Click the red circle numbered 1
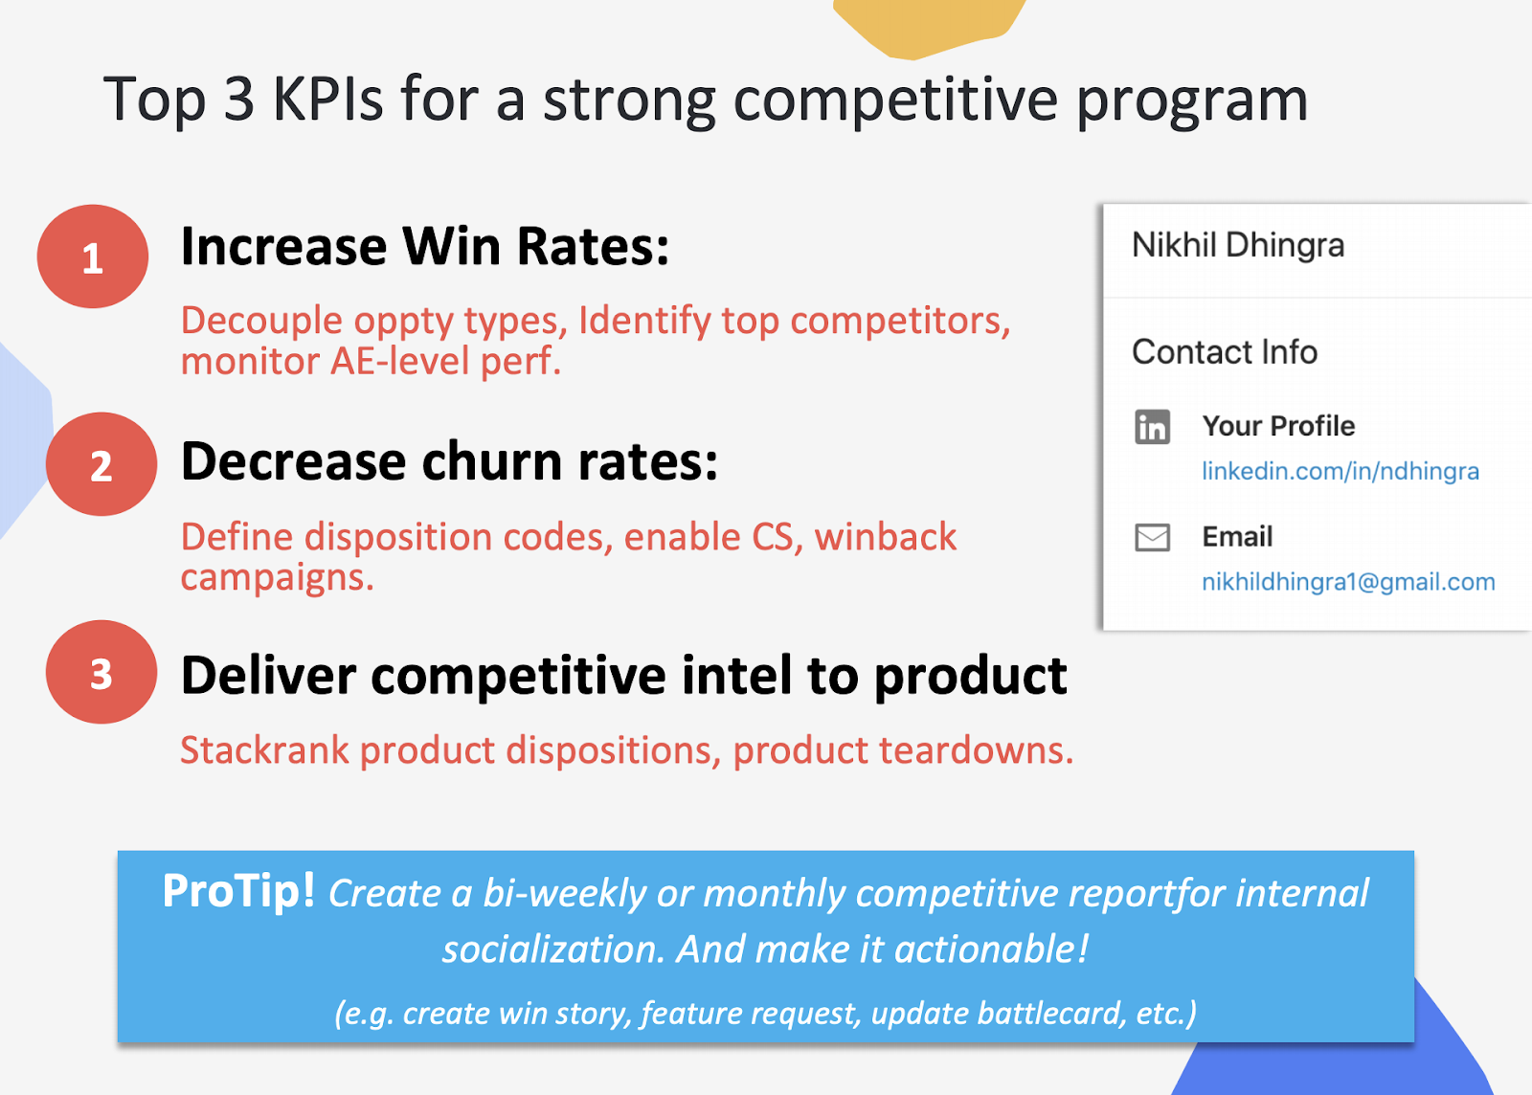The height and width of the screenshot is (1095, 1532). [x=92, y=257]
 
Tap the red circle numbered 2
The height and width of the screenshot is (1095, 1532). [x=101, y=464]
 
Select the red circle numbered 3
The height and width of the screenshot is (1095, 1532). [x=101, y=672]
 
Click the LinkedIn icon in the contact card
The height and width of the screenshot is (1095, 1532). [x=1153, y=427]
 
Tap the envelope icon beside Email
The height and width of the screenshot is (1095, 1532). [x=1153, y=537]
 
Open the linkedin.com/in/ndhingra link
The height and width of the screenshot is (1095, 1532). [x=1340, y=471]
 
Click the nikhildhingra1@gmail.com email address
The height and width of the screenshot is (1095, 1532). [x=1349, y=582]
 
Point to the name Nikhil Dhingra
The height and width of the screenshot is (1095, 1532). [x=1238, y=245]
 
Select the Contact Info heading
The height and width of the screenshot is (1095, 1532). [x=1225, y=352]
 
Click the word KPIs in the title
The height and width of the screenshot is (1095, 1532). [x=327, y=100]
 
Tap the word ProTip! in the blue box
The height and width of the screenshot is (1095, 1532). [x=238, y=891]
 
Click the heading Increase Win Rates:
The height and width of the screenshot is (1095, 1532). [x=425, y=247]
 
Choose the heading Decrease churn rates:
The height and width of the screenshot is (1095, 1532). [x=449, y=461]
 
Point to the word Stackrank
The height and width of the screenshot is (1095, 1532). [x=264, y=750]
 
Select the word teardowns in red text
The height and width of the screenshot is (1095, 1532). [x=971, y=750]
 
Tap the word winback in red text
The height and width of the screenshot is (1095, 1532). [x=886, y=537]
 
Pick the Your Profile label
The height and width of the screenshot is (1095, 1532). [x=1278, y=426]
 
